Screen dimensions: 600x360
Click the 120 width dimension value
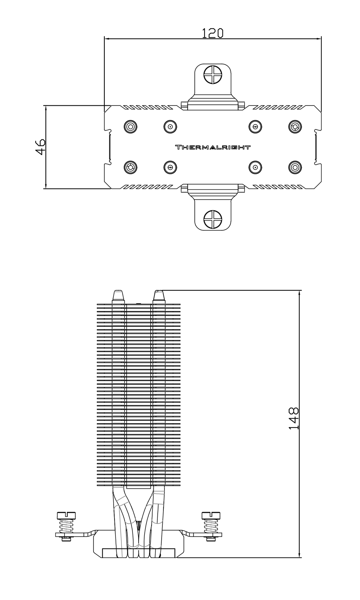point(212,33)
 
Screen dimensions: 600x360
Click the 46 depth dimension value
point(40,146)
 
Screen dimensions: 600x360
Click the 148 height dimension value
point(294,418)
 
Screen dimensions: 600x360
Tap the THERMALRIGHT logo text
point(212,147)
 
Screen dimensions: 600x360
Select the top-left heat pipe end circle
point(130,126)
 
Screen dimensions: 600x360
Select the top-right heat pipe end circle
point(295,126)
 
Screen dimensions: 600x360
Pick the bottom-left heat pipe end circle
point(130,167)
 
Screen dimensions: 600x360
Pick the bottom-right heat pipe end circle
point(295,167)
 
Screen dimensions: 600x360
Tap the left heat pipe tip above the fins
point(118,297)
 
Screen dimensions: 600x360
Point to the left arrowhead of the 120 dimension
point(107,38)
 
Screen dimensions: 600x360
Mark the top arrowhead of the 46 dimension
point(46,108)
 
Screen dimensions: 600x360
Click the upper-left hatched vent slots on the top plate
point(147,108)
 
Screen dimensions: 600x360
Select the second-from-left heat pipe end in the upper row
point(170,126)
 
